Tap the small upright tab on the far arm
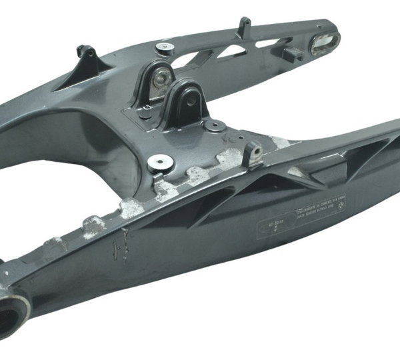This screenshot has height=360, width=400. coord(244,26)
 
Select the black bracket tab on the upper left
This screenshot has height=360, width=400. coord(85,53)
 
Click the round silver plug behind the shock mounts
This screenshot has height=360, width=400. coord(165,47)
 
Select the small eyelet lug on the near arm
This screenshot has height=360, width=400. coord(252,154)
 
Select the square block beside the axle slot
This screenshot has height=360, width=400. coord(292,53)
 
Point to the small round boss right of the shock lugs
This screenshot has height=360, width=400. coord(213,125)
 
